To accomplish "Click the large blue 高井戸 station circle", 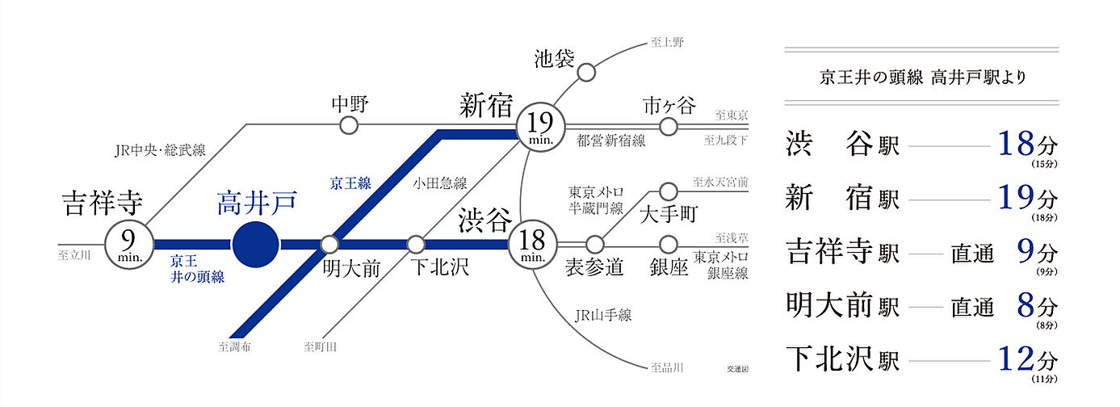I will [x=255, y=243].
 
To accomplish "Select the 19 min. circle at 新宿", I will [x=540, y=127].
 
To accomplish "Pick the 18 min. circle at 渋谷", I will [x=533, y=243].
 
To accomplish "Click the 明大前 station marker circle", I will [x=329, y=243].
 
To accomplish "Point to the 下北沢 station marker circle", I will [x=415, y=243].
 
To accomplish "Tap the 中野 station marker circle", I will [x=348, y=125].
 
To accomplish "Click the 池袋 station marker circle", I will [x=587, y=73].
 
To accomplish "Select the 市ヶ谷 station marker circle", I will [x=668, y=127].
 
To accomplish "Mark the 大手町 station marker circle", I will [x=668, y=191].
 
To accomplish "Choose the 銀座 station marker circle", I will [x=668, y=243].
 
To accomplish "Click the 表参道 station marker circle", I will [x=595, y=243].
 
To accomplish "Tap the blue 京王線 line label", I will [x=350, y=183].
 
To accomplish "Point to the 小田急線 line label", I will [x=440, y=183].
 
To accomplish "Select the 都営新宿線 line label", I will [x=610, y=141].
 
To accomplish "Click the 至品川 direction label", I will [x=667, y=367].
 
